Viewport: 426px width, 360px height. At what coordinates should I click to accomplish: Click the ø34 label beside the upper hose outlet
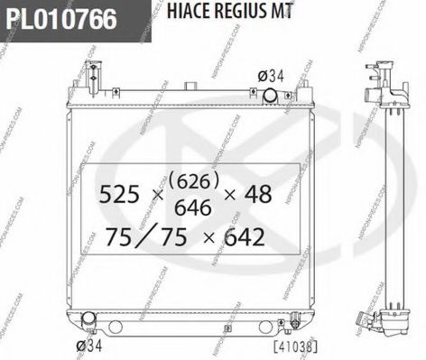tap(271, 76)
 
